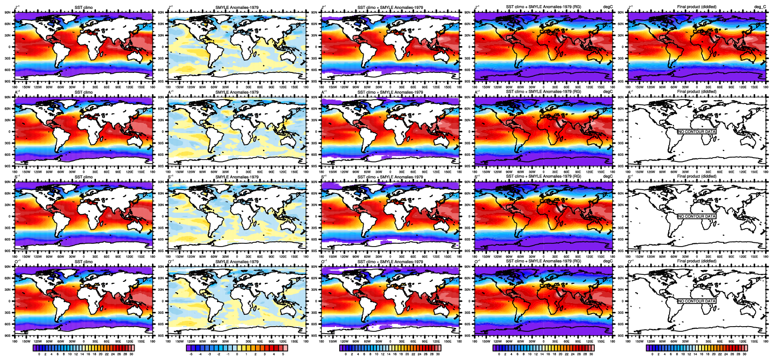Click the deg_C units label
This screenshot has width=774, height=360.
pos(760,7)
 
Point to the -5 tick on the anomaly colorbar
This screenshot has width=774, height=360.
pos(191,354)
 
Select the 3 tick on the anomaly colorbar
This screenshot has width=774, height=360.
pos(264,354)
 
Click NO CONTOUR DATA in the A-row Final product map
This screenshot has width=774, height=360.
pos(696,132)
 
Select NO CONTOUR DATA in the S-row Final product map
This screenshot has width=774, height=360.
pos(696,216)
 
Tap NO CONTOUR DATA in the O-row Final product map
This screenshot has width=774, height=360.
pos(696,301)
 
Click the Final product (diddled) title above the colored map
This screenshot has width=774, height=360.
pos(696,7)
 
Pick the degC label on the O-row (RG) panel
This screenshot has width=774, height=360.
pos(608,261)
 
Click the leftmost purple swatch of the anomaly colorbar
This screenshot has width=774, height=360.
pos(189,348)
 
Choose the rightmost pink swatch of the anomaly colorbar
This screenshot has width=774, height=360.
pos(285,348)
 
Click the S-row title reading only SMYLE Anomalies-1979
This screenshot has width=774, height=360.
pos(237,177)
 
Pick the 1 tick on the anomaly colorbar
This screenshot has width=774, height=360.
pos(246,354)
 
